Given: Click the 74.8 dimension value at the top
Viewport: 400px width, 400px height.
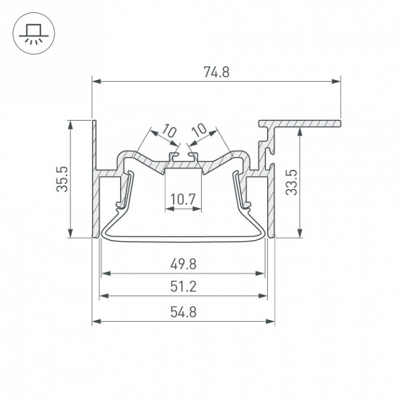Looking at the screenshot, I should tap(216, 72).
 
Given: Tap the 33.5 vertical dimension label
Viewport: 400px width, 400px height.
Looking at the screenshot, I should tap(291, 181).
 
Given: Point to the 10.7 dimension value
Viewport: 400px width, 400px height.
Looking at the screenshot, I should tap(183, 201).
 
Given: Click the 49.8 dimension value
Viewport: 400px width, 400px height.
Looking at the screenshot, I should tap(183, 264).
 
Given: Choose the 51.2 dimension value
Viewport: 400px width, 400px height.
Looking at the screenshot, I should tap(183, 286).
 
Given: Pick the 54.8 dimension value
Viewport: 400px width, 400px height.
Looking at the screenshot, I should tap(183, 311).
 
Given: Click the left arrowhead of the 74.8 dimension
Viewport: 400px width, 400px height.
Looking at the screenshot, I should tap(96, 82).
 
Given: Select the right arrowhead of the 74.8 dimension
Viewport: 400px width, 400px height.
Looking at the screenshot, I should tap(336, 82).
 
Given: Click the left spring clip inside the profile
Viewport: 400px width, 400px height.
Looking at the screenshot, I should tap(123, 188).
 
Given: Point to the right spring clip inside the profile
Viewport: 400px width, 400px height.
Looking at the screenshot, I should tap(242, 188).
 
